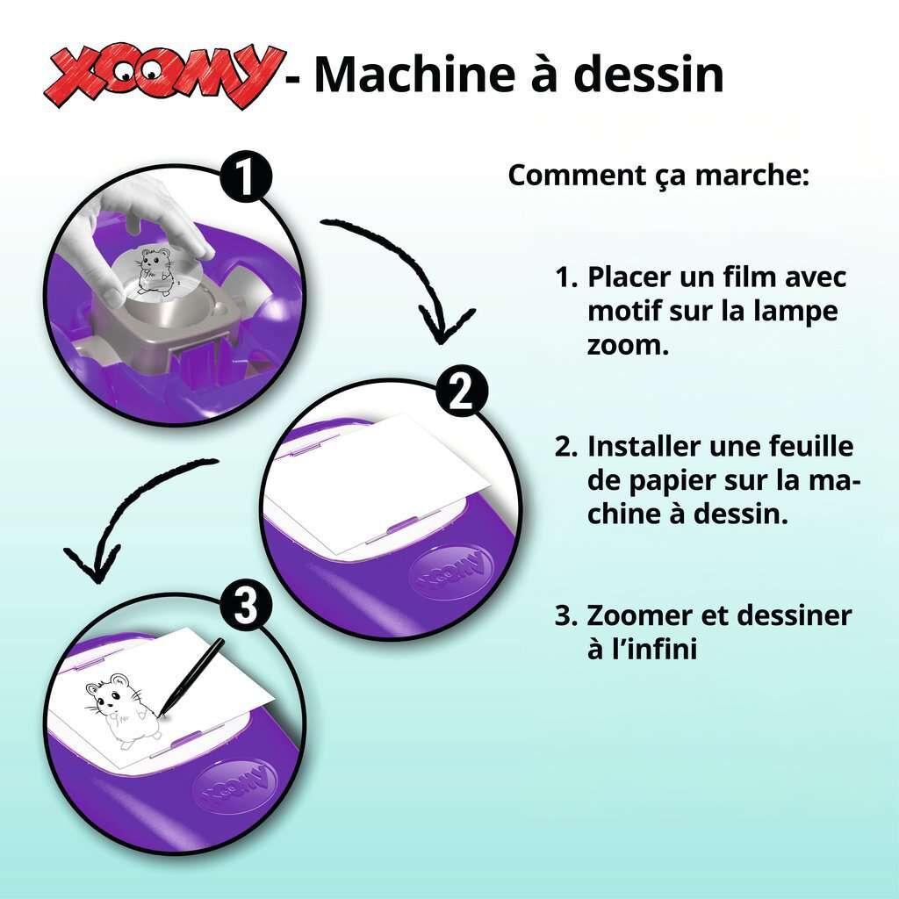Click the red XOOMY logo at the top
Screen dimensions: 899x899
[164, 75]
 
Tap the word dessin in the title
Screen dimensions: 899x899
[649, 74]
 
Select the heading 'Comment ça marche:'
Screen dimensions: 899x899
[658, 176]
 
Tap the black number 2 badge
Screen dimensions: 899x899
[462, 393]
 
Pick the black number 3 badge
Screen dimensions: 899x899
[246, 607]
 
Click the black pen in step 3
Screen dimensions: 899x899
[191, 677]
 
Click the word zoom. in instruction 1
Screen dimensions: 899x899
[629, 345]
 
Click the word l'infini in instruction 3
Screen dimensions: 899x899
[642, 649]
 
